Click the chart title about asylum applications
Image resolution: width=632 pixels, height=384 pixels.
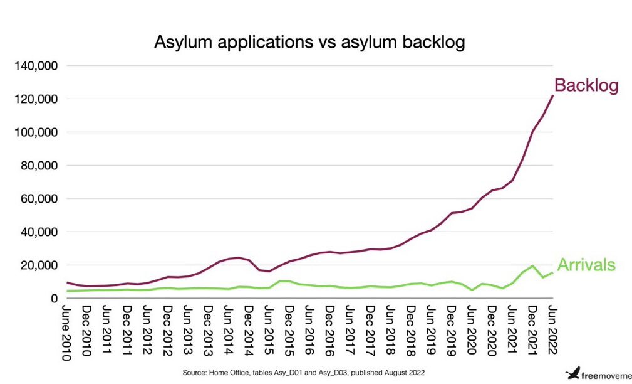point(309,43)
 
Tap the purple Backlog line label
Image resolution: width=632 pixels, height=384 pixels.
point(586,87)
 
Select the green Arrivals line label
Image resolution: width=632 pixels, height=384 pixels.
point(586,265)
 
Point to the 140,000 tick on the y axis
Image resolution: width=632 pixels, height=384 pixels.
point(36,66)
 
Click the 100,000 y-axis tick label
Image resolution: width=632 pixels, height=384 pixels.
point(36,132)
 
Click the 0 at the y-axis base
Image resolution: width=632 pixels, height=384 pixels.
point(54,299)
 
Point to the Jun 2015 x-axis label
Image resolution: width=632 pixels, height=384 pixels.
point(269,330)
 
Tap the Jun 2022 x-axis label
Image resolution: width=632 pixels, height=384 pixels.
point(552,330)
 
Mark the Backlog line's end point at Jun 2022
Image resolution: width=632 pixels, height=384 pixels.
point(552,96)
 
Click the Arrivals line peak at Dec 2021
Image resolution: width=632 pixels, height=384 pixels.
point(532,265)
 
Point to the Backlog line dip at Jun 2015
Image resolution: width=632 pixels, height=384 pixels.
point(269,271)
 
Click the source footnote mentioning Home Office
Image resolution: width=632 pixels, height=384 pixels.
point(304,373)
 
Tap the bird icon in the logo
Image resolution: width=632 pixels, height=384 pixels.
point(572,373)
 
